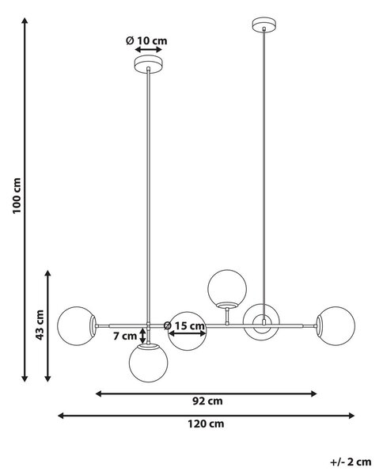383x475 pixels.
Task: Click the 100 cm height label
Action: (17, 196)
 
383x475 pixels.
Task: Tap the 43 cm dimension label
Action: (40, 325)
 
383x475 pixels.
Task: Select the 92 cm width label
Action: (207, 401)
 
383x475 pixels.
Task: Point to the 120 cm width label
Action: (206, 424)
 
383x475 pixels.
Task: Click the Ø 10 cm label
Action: (146, 40)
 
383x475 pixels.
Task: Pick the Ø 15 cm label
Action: (184, 326)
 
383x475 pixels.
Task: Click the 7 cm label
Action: (125, 336)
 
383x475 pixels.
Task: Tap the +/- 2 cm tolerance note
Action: (351, 462)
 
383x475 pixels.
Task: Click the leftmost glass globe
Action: (76, 326)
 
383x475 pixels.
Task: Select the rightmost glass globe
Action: (336, 326)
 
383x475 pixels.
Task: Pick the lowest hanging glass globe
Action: (148, 363)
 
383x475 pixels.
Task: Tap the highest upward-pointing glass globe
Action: (227, 289)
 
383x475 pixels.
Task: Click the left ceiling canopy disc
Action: (148, 64)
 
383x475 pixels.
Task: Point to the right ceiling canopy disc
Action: (264, 25)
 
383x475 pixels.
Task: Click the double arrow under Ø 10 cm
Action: (149, 49)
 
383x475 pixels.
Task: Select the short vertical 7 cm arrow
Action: (142, 336)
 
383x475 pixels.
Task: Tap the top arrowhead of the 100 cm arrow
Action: (25, 21)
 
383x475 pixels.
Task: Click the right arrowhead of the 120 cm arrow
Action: (351, 416)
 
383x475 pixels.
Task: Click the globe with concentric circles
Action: (261, 322)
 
